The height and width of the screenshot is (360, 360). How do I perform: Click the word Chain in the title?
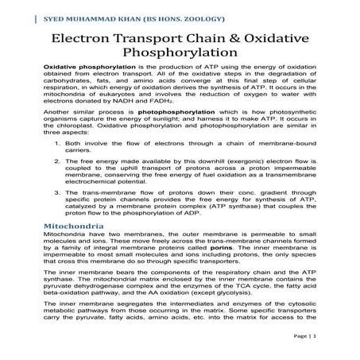(x=209, y=39)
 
